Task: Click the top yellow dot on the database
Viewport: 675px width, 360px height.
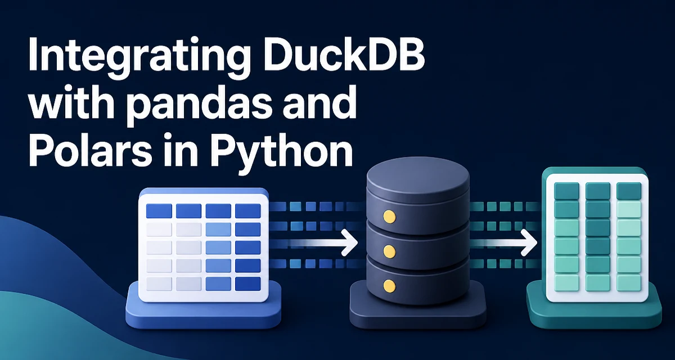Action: click(x=389, y=217)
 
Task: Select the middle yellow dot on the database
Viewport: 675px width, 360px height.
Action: click(x=389, y=251)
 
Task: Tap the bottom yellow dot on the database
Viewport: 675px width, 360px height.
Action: click(x=389, y=285)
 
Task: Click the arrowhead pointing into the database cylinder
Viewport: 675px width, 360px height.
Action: click(x=349, y=242)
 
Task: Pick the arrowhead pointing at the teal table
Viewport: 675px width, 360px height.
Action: click(x=529, y=242)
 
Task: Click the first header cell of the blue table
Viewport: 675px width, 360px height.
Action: click(x=159, y=211)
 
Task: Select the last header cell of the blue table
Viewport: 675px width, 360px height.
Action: click(x=247, y=211)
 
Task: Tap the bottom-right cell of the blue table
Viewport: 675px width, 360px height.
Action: click(x=247, y=284)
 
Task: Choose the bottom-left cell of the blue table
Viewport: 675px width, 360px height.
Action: click(x=159, y=284)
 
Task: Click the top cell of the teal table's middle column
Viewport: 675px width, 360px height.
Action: click(x=598, y=191)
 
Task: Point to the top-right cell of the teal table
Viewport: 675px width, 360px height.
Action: click(x=629, y=191)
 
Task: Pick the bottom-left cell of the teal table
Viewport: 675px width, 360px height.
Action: click(x=566, y=283)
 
